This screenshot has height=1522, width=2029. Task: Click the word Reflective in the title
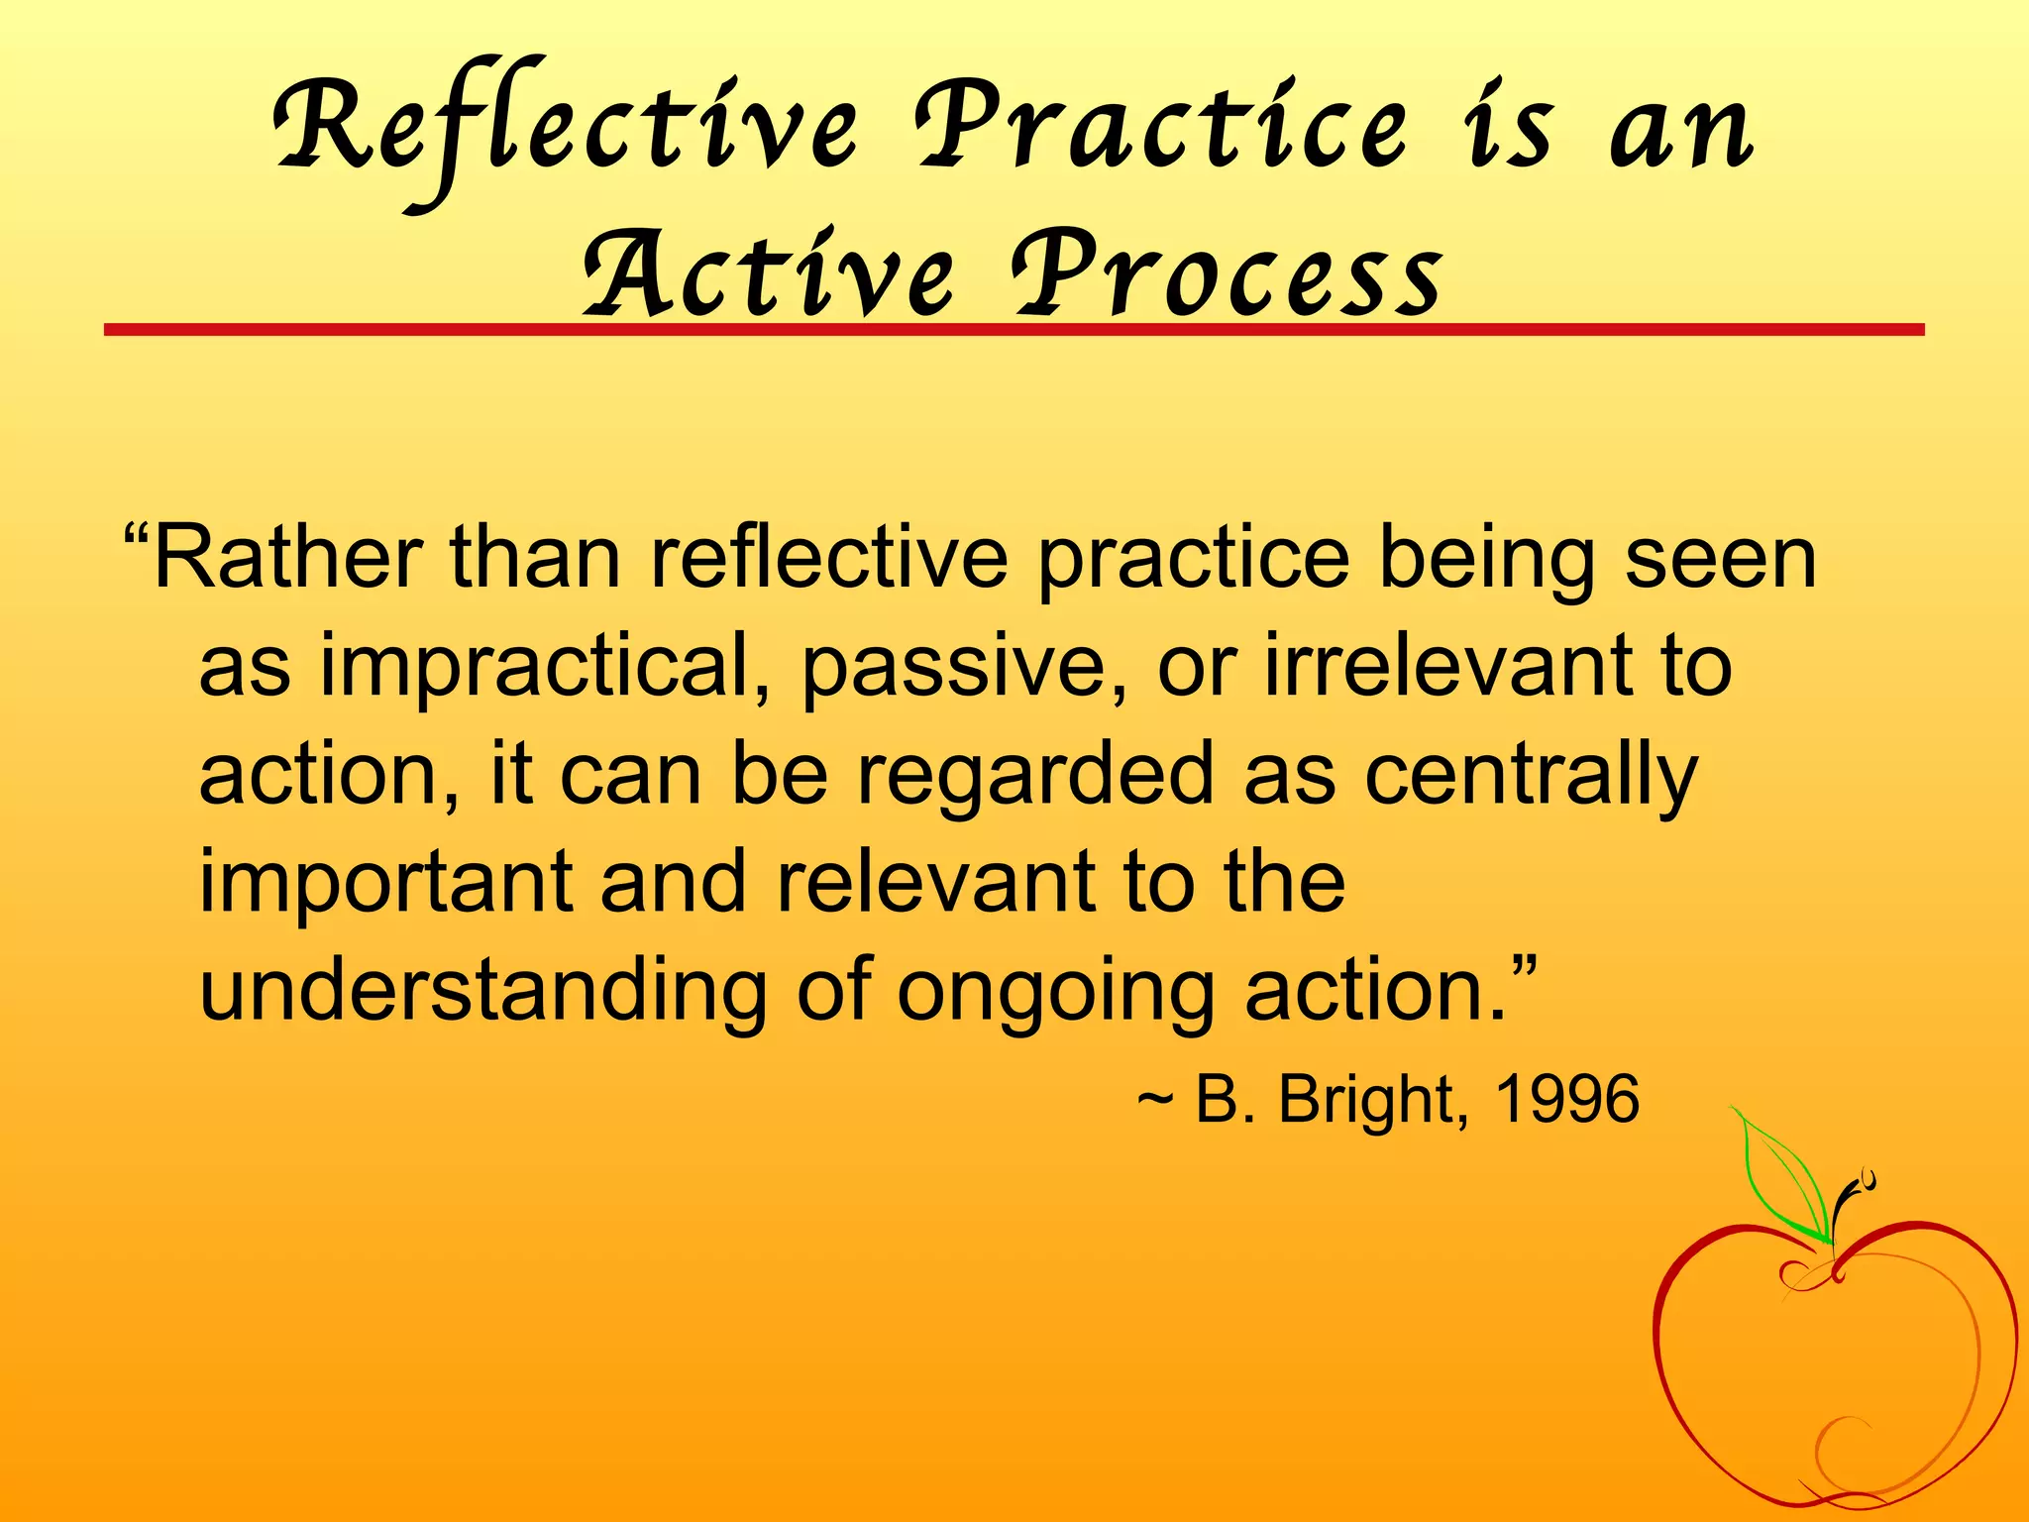[565, 134]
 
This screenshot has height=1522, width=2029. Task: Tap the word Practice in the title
[1159, 134]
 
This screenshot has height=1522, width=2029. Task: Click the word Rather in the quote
[287, 558]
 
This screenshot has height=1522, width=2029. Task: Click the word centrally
[1531, 775]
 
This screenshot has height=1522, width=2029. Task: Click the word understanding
[483, 991]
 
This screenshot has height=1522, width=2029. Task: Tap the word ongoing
[1055, 991]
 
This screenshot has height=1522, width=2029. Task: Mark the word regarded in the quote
[1035, 775]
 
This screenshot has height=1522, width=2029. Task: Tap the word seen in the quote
[1720, 558]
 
